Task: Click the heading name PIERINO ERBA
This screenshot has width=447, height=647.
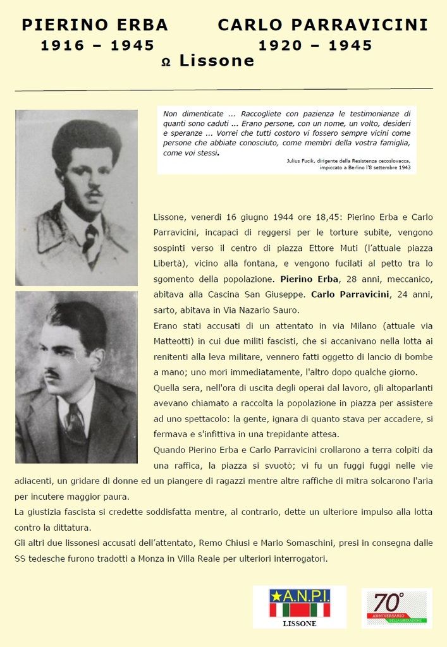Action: [95, 25]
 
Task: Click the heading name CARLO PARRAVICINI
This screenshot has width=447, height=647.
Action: [322, 25]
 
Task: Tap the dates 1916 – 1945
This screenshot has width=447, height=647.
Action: [97, 45]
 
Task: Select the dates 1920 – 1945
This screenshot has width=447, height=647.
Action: [315, 45]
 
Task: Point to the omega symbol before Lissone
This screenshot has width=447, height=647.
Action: [166, 63]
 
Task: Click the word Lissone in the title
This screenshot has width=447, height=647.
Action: [216, 61]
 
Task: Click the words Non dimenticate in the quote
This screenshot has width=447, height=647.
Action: [187, 114]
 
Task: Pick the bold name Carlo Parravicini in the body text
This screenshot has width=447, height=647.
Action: [350, 294]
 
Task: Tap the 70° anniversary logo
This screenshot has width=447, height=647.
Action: [396, 608]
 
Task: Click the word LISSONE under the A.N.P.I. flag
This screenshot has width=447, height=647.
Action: [299, 624]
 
